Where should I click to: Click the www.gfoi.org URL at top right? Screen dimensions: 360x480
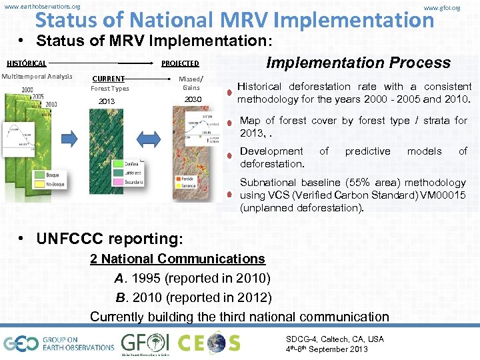442,7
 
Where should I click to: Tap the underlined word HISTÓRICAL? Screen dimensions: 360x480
27,64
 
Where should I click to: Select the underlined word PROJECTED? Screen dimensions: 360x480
180,64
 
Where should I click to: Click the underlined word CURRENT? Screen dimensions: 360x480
108,79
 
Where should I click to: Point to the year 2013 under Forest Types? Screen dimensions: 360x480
107,101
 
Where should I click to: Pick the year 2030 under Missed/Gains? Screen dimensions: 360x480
192,99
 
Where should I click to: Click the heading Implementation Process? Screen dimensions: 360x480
359,63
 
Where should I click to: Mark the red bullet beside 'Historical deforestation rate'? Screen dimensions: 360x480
229,93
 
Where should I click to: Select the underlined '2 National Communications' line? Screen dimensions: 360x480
177,259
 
